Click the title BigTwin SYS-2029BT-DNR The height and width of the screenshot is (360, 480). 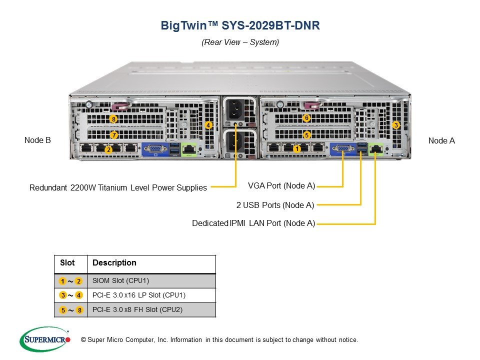[x=240, y=25]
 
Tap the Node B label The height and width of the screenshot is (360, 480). [x=37, y=140]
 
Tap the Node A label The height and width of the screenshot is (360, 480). [x=441, y=140]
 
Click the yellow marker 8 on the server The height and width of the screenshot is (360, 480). [x=113, y=119]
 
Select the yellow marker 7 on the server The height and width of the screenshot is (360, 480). [x=114, y=134]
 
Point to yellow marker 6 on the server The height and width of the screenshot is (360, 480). [x=306, y=118]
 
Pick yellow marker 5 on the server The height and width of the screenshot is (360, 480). [x=306, y=134]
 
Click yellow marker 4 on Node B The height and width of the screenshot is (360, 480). [x=208, y=125]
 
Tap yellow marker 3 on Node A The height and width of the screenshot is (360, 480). [x=396, y=125]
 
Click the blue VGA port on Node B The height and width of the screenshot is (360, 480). [x=155, y=149]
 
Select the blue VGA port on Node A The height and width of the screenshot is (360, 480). [x=343, y=149]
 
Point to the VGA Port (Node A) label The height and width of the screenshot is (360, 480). [x=281, y=185]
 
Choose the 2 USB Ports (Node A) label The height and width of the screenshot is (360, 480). [x=275, y=205]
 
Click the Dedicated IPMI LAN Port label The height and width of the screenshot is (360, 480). [x=253, y=223]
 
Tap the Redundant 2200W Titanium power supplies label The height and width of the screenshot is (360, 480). [x=118, y=187]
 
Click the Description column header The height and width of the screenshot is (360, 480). [x=114, y=262]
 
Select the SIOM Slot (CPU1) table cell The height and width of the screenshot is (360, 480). [x=120, y=280]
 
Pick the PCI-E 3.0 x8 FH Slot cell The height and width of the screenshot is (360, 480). [x=137, y=309]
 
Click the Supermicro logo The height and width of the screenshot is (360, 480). [x=45, y=339]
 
